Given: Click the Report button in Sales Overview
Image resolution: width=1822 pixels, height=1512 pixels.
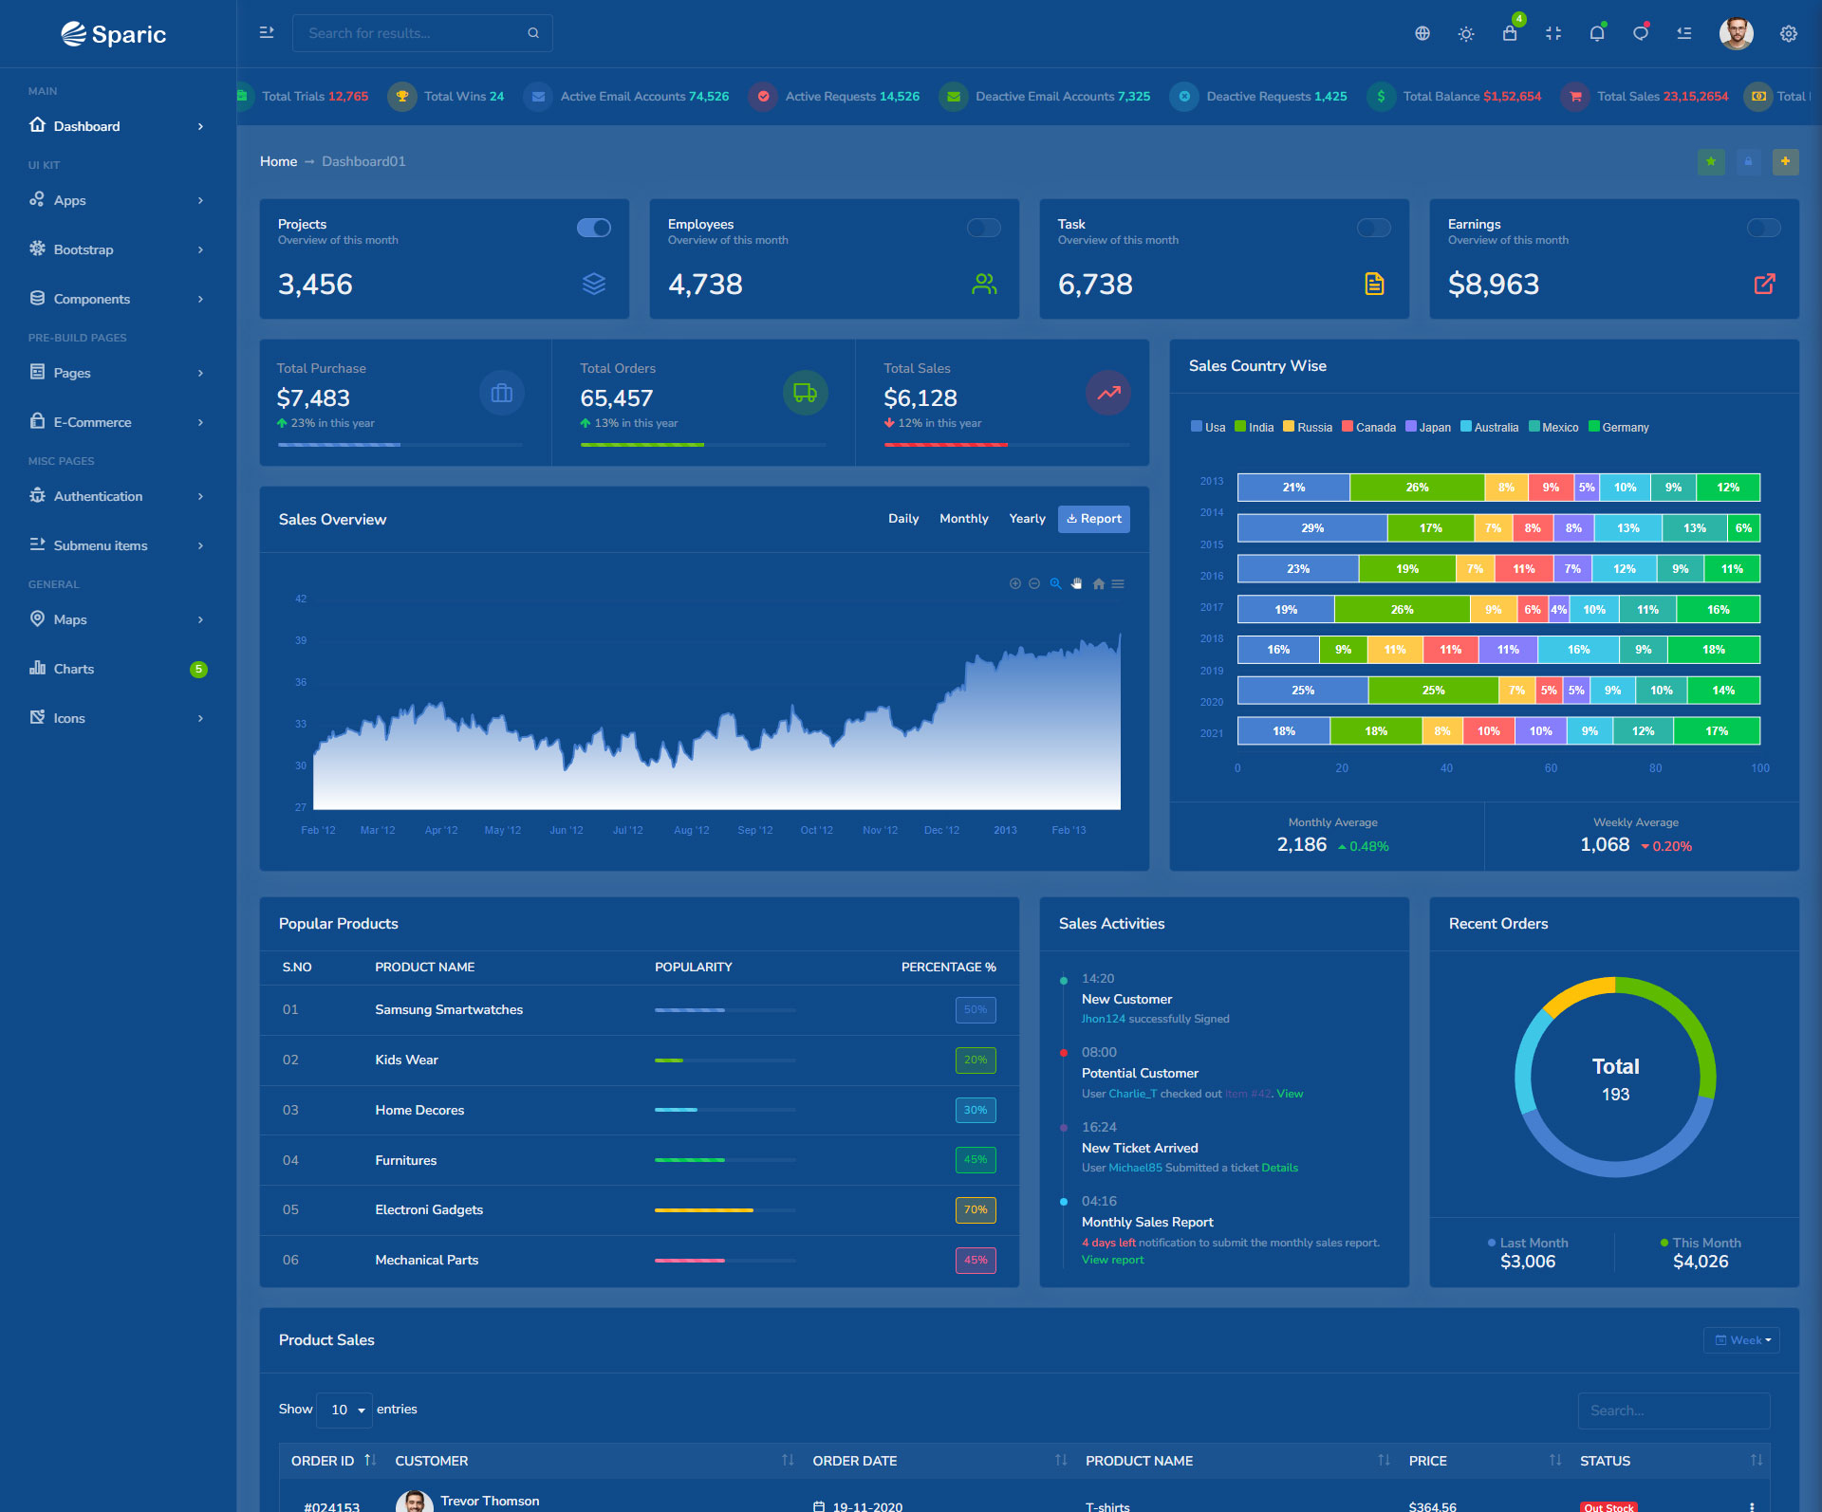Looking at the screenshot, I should [x=1093, y=519].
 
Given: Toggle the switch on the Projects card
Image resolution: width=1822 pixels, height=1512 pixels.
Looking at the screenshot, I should [x=594, y=228].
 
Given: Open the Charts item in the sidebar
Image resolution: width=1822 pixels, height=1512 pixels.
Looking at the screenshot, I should [x=73, y=669].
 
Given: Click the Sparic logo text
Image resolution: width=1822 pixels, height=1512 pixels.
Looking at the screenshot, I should [x=128, y=35].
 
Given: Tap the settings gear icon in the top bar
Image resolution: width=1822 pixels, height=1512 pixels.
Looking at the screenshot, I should [x=1788, y=34].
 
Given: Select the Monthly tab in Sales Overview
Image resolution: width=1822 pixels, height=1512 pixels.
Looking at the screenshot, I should [x=963, y=519].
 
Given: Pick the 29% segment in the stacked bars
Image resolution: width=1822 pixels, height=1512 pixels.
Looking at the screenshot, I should [x=1312, y=528].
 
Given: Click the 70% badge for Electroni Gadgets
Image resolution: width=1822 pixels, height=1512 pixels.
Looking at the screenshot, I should [x=976, y=1210].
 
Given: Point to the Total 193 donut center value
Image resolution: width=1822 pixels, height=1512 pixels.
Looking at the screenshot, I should [x=1615, y=1095].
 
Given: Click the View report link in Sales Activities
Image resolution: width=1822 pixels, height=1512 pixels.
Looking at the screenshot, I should [x=1112, y=1261].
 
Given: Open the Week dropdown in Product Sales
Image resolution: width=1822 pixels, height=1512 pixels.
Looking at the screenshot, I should [x=1741, y=1340].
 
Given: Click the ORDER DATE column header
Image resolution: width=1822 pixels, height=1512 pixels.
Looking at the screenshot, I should [x=855, y=1461].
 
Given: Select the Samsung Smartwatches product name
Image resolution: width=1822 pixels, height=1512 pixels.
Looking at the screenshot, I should [x=449, y=1010].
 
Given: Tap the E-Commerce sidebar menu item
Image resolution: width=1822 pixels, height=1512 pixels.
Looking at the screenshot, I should [x=92, y=422].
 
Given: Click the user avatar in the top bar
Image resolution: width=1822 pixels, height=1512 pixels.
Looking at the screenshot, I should [x=1736, y=34].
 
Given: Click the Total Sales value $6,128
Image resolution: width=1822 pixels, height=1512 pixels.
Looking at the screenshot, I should [x=920, y=398].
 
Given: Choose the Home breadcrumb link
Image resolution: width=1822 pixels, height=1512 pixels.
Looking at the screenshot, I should [x=278, y=161].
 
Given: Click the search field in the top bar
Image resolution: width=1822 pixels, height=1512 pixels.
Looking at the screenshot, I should [x=414, y=33].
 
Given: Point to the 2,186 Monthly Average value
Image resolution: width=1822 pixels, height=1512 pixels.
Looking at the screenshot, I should [x=1301, y=845].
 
